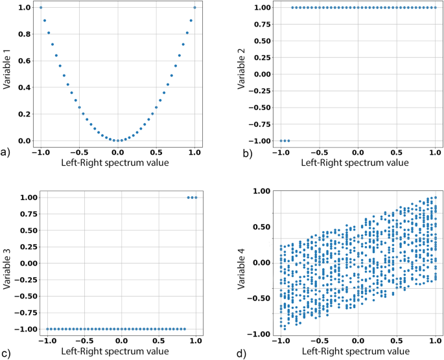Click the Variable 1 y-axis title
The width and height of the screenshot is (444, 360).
[x=6, y=69]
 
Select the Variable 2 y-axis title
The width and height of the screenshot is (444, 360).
[x=241, y=69]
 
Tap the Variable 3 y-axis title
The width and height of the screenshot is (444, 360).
[x=6, y=269]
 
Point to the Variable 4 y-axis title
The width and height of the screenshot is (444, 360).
[x=241, y=269]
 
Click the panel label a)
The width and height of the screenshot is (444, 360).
[x=5, y=152]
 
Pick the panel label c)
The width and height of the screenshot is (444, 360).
[x=6, y=354]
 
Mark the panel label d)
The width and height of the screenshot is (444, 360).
[x=242, y=354]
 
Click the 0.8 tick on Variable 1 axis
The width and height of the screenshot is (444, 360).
[x=25, y=34]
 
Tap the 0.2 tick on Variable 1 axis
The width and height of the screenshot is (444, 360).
[x=25, y=114]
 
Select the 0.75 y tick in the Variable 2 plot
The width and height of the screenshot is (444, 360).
[x=263, y=25]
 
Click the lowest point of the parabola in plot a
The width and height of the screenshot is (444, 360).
[x=118, y=141]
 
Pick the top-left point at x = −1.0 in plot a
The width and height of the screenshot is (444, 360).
[x=41, y=7]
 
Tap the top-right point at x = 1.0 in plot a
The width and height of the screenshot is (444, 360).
[x=194, y=7]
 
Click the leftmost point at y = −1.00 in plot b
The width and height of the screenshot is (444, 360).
[x=281, y=141]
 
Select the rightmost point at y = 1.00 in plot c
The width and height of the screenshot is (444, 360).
[x=196, y=197]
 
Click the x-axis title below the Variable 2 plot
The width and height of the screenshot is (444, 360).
[x=355, y=163]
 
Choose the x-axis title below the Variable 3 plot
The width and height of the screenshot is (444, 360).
[x=115, y=351]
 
